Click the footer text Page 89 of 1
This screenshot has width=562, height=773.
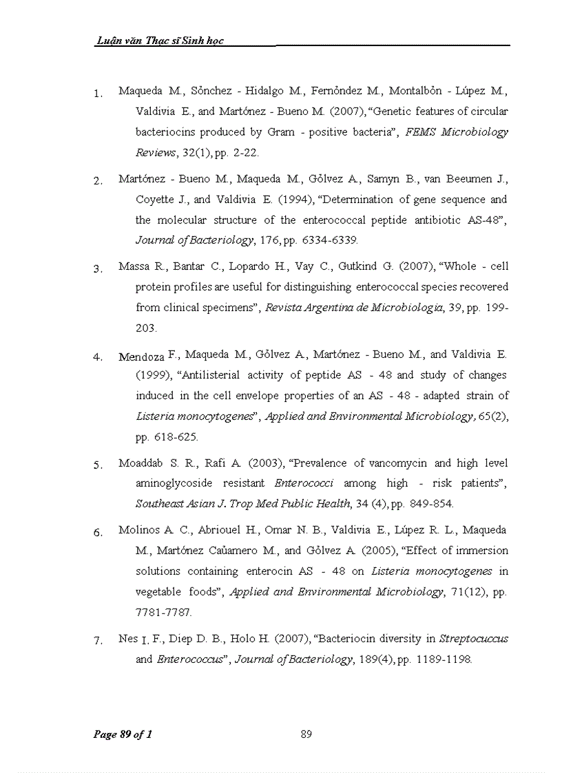point(123,734)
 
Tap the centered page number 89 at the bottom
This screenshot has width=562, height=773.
point(306,734)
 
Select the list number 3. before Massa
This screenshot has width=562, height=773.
point(98,269)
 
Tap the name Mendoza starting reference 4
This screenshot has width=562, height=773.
point(140,357)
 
